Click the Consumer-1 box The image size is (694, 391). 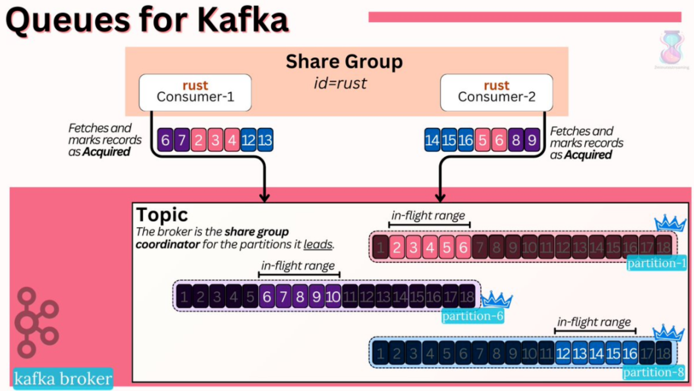point(195,92)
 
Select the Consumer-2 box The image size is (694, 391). point(496,92)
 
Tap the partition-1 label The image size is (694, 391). point(656,263)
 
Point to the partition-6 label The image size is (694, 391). point(472,316)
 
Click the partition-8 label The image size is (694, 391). point(653,372)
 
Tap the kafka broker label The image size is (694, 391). point(63,379)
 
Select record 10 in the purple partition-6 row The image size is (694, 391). point(333,297)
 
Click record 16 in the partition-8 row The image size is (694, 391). point(630,354)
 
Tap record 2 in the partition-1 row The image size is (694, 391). point(397,247)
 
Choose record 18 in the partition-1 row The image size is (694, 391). point(663,247)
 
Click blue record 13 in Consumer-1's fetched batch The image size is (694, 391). point(265,140)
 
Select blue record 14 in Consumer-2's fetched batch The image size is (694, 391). point(432,140)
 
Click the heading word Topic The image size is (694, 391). point(162,214)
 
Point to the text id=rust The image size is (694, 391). point(340,83)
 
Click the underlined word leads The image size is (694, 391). point(318,245)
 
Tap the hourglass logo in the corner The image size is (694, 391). point(671,47)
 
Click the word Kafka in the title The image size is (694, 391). point(243,20)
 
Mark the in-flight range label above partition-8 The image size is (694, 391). point(594,322)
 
